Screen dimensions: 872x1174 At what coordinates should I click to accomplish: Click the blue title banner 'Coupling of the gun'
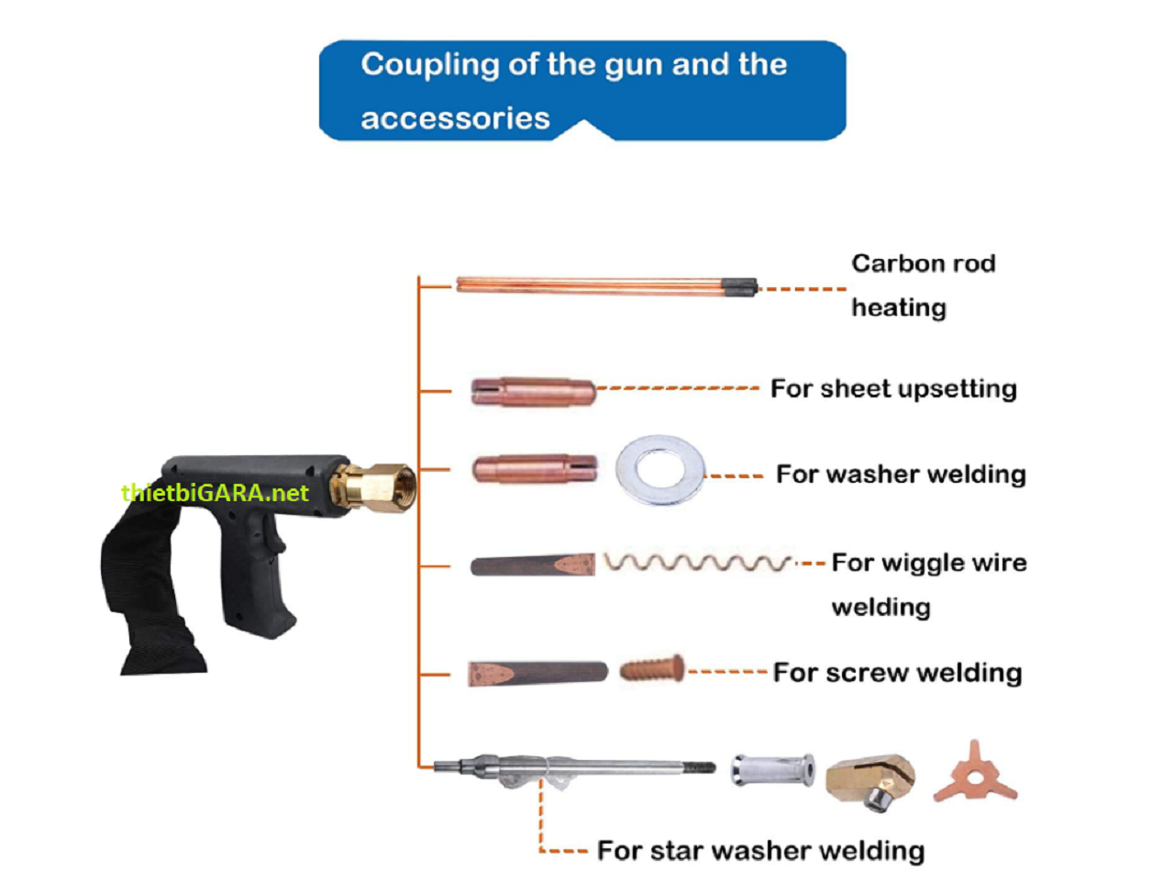tap(581, 90)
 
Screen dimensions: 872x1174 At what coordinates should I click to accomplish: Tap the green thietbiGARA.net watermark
tap(215, 493)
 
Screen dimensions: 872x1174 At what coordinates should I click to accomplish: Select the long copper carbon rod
tap(596, 285)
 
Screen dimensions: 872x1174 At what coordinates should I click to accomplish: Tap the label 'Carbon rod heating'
tap(922, 285)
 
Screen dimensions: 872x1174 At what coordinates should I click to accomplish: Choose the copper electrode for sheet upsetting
tap(533, 392)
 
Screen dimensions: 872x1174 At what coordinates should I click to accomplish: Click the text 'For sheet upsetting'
tap(892, 388)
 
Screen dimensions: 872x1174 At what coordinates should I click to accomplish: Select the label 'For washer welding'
tap(900, 474)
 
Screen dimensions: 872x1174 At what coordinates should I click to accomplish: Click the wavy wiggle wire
tap(697, 562)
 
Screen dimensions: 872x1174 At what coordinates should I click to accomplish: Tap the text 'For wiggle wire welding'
tap(927, 584)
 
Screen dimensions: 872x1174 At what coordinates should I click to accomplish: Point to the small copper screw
tap(651, 667)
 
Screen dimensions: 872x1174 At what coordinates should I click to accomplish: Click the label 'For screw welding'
tap(896, 672)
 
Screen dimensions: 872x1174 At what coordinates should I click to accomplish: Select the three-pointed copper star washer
tap(974, 773)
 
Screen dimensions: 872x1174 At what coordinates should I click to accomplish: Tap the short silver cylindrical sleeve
tap(772, 769)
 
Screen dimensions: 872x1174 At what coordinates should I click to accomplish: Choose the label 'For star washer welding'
tap(760, 850)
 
